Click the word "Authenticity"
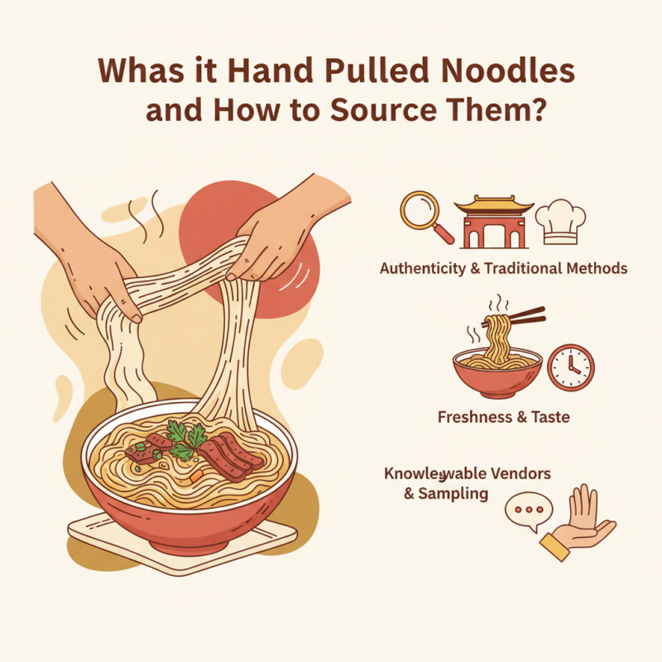428,268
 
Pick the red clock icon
571,367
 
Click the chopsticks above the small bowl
523,316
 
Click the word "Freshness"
475,418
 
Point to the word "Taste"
549,418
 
